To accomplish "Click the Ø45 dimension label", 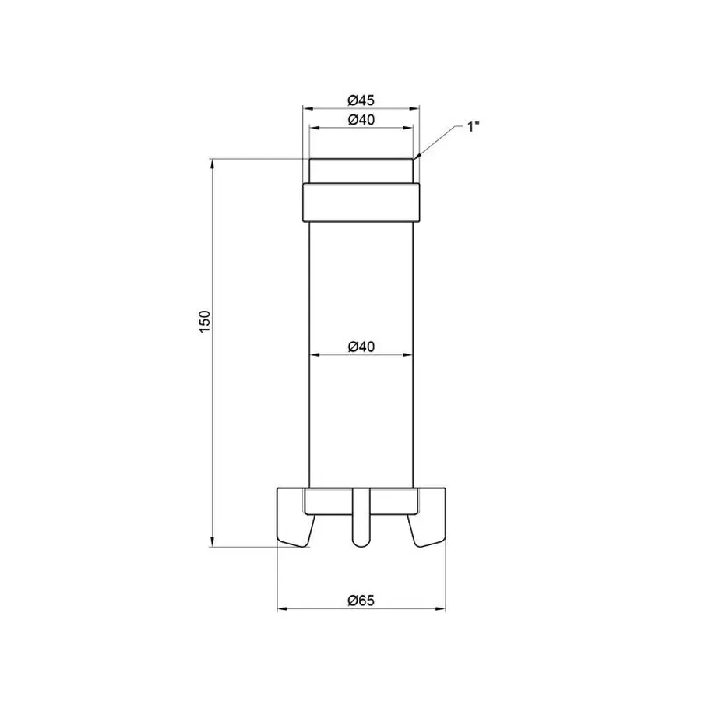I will (x=361, y=100).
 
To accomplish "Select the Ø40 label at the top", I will (x=361, y=119).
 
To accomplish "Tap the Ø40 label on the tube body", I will (x=361, y=346).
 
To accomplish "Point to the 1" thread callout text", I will (x=473, y=126).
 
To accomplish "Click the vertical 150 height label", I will (x=205, y=322).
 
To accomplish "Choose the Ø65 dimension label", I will (x=361, y=600).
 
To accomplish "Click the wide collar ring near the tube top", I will (x=361, y=202).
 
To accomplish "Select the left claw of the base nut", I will (x=294, y=518).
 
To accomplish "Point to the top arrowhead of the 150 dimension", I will (x=212, y=164).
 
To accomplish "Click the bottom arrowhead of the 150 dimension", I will (x=212, y=542).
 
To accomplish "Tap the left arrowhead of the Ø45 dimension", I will (x=306, y=108).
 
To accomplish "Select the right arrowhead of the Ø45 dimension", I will (x=415, y=108).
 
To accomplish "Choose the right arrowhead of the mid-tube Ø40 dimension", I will (x=409, y=355).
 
